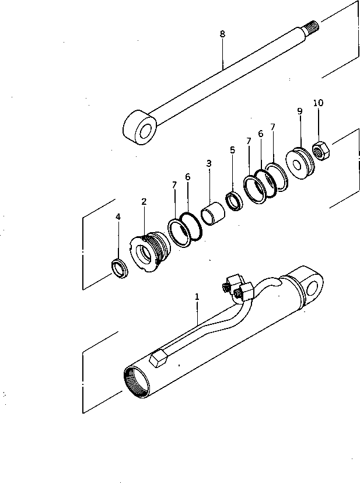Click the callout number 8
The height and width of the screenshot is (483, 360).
(222, 34)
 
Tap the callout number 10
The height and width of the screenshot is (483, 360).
(318, 103)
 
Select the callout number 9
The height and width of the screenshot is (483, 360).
(299, 111)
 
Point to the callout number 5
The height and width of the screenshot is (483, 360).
(232, 150)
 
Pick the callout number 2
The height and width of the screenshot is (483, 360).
(144, 201)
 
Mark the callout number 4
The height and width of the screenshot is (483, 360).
(118, 216)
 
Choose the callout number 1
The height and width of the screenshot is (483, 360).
(197, 296)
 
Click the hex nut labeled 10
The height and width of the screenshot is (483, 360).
(320, 152)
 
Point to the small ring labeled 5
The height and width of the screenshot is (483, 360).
(235, 201)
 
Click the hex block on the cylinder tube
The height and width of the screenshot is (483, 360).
(159, 359)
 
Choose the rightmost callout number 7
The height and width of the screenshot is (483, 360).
(272, 127)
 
